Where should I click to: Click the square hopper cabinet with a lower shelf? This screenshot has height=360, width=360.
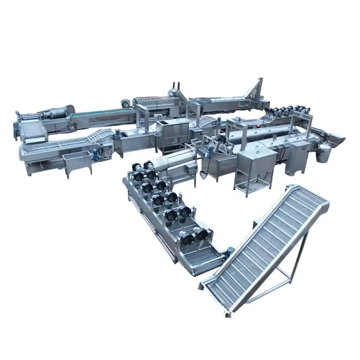pos(256,169)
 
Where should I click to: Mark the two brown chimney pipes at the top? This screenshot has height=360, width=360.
pos(177,86)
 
